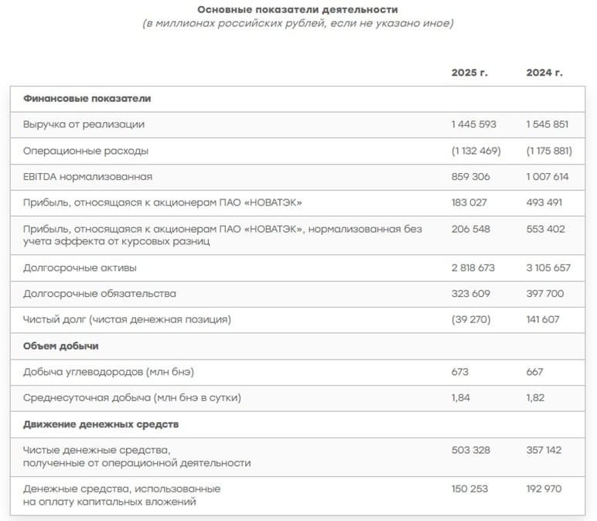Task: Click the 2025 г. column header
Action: tap(469, 73)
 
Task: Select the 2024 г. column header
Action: tap(544, 73)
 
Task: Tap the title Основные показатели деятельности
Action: tap(298, 9)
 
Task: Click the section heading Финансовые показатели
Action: tap(87, 98)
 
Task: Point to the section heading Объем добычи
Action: tap(61, 346)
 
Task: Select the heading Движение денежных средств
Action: tap(101, 424)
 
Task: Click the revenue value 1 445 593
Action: tap(473, 124)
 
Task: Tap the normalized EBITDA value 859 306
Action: tap(470, 176)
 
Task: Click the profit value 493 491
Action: tap(544, 203)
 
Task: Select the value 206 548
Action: tap(470, 229)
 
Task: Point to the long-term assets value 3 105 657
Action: tap(548, 267)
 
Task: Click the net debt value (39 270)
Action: tap(471, 318)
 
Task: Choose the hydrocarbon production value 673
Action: tap(460, 372)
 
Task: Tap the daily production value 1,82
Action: tap(535, 397)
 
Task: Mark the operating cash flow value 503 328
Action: tap(470, 450)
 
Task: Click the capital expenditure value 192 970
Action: tap(544, 489)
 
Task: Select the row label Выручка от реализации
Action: tap(84, 124)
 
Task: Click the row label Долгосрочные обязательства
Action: tap(100, 294)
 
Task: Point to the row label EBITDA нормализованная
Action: tap(87, 176)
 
